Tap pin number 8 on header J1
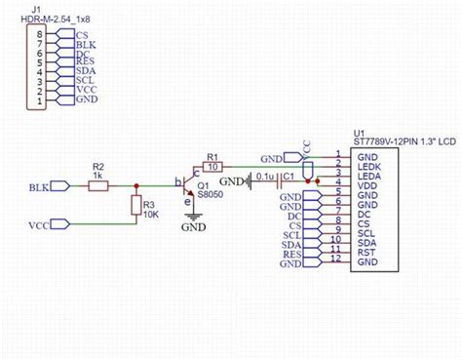click(40, 35)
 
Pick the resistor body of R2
click(98, 185)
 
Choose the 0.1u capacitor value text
click(262, 177)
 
